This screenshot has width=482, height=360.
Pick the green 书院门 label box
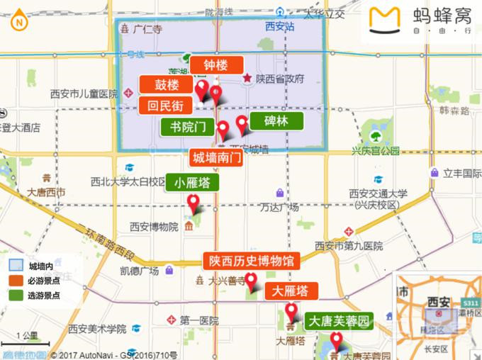point(188,128)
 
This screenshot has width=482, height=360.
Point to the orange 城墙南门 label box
point(216,157)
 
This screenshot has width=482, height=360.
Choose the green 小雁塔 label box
point(192,183)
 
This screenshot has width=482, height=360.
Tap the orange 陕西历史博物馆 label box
point(251,260)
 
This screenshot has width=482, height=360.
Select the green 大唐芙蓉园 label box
point(339,321)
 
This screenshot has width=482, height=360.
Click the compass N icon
point(18,21)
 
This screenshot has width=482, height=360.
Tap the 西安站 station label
point(280,27)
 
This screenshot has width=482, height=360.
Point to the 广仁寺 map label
point(147,30)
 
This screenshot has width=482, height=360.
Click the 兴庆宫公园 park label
point(376,151)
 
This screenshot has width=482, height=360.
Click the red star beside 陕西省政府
point(247,79)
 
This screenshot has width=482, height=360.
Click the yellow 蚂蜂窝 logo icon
point(386,21)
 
